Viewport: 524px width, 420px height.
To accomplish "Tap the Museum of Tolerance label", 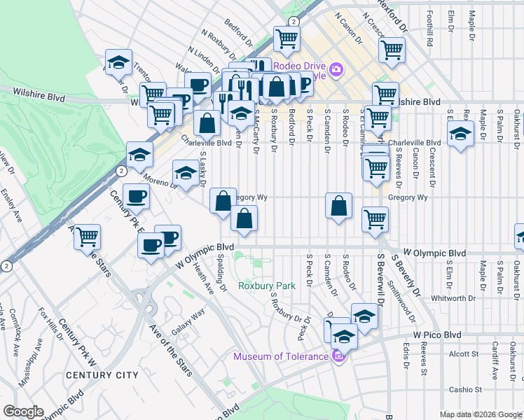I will [281, 356].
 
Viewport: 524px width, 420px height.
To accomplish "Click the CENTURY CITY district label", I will [102, 375].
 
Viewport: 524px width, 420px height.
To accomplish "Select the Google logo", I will [23, 412].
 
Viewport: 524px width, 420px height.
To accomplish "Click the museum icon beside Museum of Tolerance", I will [338, 356].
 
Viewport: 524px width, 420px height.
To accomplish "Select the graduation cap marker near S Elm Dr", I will [460, 134].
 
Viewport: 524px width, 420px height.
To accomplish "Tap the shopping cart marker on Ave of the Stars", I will [88, 238].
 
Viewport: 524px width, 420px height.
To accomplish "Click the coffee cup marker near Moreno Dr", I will [136, 196].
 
